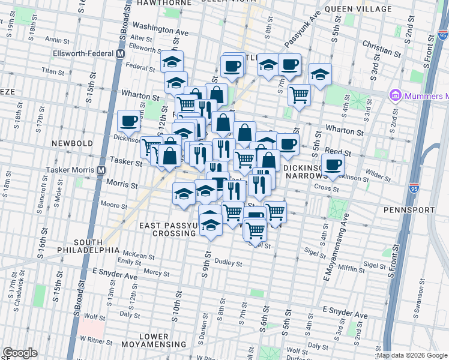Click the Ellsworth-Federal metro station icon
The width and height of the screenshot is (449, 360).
(x=120, y=53)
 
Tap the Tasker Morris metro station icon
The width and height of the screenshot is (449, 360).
(x=102, y=170)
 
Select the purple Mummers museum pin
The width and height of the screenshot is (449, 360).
(x=395, y=95)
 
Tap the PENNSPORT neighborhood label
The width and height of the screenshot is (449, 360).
(x=411, y=211)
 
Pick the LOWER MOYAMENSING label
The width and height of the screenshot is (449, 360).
(x=154, y=340)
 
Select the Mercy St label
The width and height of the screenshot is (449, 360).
(x=157, y=272)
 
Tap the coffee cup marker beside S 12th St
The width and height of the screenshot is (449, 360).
(x=128, y=121)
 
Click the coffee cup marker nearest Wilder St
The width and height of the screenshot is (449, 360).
(x=332, y=164)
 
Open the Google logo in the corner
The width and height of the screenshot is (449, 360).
(x=20, y=353)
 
